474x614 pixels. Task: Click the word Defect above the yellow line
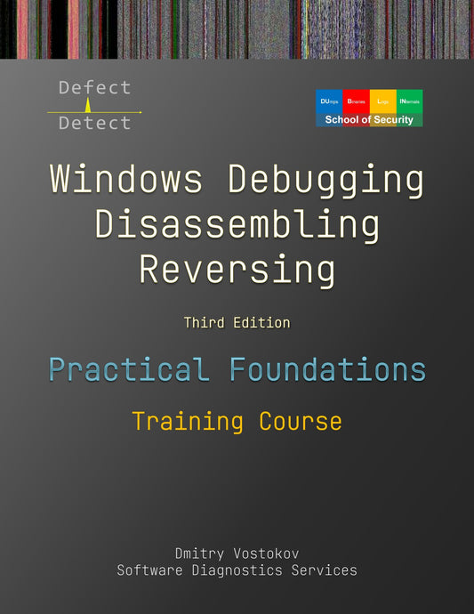(x=94, y=87)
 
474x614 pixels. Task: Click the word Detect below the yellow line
(x=94, y=124)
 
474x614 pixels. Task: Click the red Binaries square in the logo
(x=356, y=101)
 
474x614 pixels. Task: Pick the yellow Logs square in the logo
(x=382, y=101)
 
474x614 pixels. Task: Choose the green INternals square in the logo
(x=409, y=101)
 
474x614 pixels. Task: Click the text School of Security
(x=369, y=120)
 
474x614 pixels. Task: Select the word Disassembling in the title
(x=237, y=224)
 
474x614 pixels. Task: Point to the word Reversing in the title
(x=237, y=269)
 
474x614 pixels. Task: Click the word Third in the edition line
(x=204, y=323)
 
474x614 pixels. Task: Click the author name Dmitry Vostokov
(x=237, y=552)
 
